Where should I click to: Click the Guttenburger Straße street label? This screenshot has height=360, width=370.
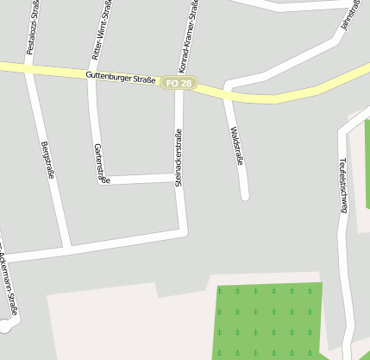tap(121, 79)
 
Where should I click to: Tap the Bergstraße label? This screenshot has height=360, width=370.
tap(48, 160)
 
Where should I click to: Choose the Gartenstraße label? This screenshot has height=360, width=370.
tap(101, 163)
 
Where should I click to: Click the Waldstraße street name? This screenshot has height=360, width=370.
tap(237, 147)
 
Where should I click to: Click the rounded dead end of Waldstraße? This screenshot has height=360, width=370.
tap(244, 196)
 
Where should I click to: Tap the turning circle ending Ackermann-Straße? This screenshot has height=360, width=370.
tap(6, 326)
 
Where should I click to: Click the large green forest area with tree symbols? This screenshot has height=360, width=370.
tap(267, 319)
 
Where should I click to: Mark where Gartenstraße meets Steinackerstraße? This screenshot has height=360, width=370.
tap(179, 178)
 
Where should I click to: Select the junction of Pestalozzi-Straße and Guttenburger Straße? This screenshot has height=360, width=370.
tap(28, 68)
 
